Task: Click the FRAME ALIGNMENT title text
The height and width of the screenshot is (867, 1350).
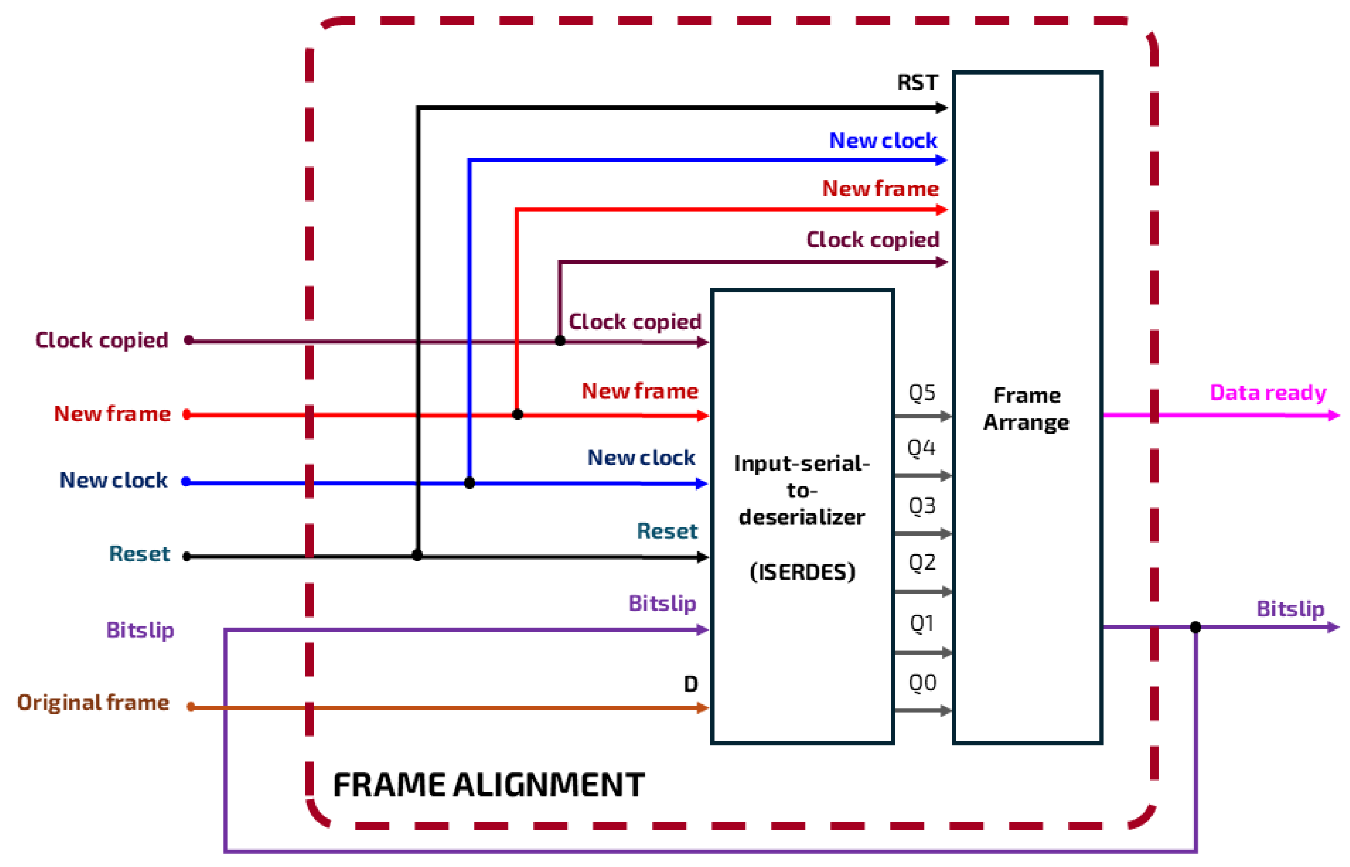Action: click(489, 785)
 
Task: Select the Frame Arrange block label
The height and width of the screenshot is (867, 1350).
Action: click(1026, 409)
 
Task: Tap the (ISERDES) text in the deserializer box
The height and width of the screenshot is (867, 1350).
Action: click(802, 572)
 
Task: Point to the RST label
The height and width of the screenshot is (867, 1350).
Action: click(917, 83)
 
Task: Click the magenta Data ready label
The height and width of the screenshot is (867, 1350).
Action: click(1268, 392)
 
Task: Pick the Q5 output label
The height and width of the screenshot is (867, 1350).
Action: click(922, 392)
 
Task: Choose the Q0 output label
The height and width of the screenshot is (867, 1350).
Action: click(922, 683)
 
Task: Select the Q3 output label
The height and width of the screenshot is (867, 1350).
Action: click(922, 506)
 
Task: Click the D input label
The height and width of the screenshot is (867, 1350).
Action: click(690, 684)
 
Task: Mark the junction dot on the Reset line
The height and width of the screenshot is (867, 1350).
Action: click(417, 556)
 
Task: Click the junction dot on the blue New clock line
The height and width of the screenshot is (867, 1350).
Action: click(470, 483)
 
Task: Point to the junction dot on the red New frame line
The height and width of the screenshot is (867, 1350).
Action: click(518, 414)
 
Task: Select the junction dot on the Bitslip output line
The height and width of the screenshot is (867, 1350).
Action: click(1195, 627)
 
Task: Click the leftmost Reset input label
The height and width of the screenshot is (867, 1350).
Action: click(139, 554)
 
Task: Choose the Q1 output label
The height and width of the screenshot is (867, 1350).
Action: click(922, 623)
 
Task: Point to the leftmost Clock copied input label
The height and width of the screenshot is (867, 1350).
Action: click(102, 340)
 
